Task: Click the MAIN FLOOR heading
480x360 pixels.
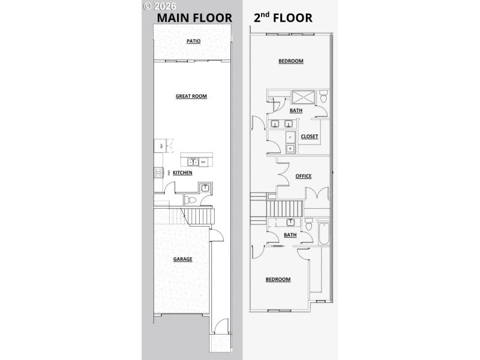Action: pyautogui.click(x=195, y=18)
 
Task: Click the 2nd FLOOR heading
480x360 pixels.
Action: pyautogui.click(x=283, y=17)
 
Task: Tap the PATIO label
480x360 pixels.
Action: pyautogui.click(x=193, y=41)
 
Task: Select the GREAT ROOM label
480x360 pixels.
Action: pyautogui.click(x=191, y=96)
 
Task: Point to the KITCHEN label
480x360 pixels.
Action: pyautogui.click(x=182, y=173)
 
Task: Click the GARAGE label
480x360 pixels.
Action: pyautogui.click(x=183, y=259)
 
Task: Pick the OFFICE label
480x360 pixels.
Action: pyautogui.click(x=304, y=176)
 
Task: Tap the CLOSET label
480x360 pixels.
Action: pyautogui.click(x=310, y=136)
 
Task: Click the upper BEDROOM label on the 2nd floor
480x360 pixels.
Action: pyautogui.click(x=290, y=61)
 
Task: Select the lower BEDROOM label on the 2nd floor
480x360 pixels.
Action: pyautogui.click(x=278, y=279)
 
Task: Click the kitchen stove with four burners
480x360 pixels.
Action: pyautogui.click(x=158, y=173)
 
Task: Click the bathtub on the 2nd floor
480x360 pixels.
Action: pyautogui.click(x=323, y=234)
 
